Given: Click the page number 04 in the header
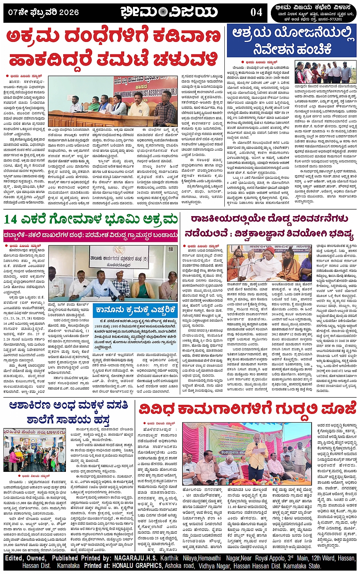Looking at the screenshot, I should (x=256, y=12).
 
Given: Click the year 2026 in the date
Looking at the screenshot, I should (x=69, y=12).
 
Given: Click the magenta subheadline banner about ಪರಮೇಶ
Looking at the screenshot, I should (x=91, y=235).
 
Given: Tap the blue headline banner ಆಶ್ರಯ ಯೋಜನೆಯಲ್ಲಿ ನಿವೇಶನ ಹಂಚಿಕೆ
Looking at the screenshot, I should (x=292, y=41).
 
